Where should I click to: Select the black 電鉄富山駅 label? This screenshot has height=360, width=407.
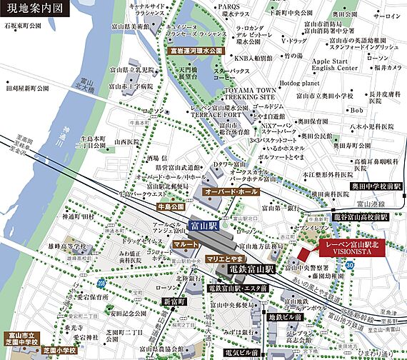(x=252, y=270)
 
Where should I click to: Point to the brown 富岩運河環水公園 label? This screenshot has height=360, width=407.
(x=196, y=51)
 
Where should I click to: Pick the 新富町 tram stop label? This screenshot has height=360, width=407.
(x=174, y=301)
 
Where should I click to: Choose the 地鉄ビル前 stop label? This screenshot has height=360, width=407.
(x=286, y=316)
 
